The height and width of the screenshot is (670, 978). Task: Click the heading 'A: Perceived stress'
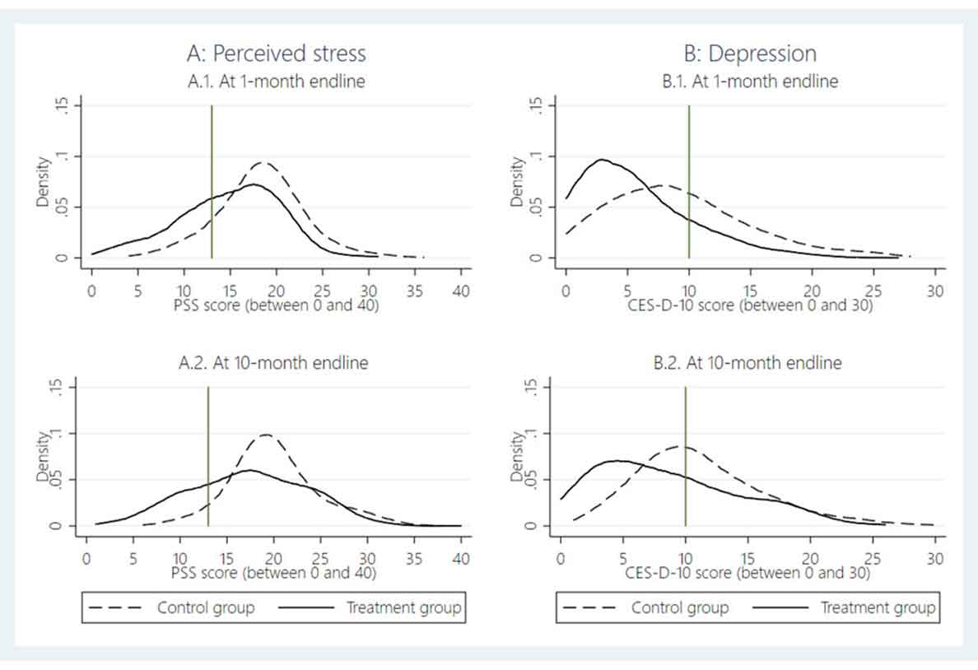coord(276,54)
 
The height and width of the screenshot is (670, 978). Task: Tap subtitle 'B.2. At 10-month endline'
coord(750,362)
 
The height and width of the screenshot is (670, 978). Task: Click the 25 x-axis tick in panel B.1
coord(873,291)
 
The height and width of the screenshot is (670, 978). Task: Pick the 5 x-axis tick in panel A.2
coord(133,560)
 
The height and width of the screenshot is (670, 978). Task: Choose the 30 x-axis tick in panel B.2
coord(935,560)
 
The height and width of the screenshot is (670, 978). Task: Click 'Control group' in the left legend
coord(206,608)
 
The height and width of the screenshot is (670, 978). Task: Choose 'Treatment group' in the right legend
coord(878,608)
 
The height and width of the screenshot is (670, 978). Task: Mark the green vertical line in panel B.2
coord(685,461)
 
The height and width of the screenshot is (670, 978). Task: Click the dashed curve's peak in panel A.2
coord(265,435)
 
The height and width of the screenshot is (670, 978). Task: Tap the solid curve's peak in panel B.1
coord(602,160)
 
